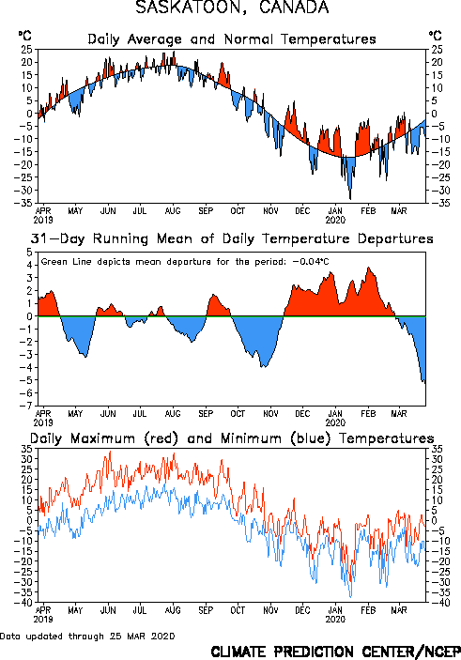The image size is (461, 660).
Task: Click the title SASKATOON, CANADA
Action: click(x=232, y=8)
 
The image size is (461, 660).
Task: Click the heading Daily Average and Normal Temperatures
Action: click(x=232, y=39)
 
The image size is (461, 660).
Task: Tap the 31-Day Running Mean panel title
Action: click(x=232, y=238)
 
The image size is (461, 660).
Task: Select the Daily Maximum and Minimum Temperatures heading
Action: click(x=232, y=438)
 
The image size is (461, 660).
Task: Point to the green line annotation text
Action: click(x=185, y=262)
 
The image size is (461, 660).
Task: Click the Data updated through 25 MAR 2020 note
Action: click(x=87, y=636)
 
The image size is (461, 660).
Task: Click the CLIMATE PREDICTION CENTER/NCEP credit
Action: click(x=335, y=652)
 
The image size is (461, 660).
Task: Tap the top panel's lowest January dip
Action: click(x=350, y=199)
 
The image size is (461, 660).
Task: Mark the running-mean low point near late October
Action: click(x=263, y=367)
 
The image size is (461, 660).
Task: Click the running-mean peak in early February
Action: click(x=369, y=268)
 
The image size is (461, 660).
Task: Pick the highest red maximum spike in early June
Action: click(x=110, y=452)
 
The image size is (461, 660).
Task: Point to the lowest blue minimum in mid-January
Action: click(x=351, y=597)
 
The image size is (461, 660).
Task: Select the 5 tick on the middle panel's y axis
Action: click(x=29, y=253)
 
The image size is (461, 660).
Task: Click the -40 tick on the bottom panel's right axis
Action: click(x=437, y=603)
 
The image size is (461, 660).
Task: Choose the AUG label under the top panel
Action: click(x=173, y=211)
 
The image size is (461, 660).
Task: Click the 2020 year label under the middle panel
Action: click(x=335, y=422)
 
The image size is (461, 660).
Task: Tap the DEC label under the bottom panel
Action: click(x=302, y=610)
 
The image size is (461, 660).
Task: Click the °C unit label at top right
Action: click(x=436, y=36)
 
